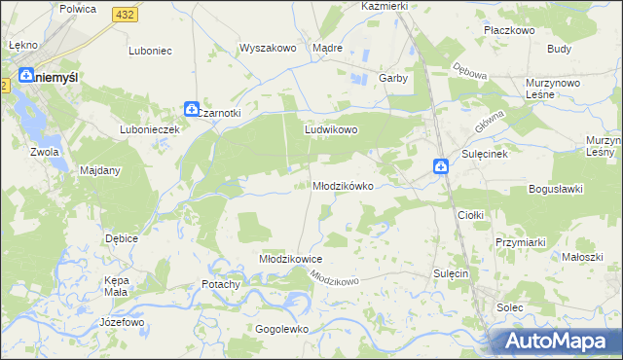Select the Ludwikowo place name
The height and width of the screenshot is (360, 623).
[x=332, y=129]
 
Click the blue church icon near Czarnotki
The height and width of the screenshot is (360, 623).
[x=192, y=109]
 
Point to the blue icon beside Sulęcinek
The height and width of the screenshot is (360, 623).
[x=441, y=167]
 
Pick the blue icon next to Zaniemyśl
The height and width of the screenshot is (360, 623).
[x=25, y=75]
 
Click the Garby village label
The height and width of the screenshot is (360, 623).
[x=392, y=78]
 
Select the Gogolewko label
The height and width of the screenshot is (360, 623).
[x=281, y=329]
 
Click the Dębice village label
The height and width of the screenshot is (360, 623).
[x=122, y=237]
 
